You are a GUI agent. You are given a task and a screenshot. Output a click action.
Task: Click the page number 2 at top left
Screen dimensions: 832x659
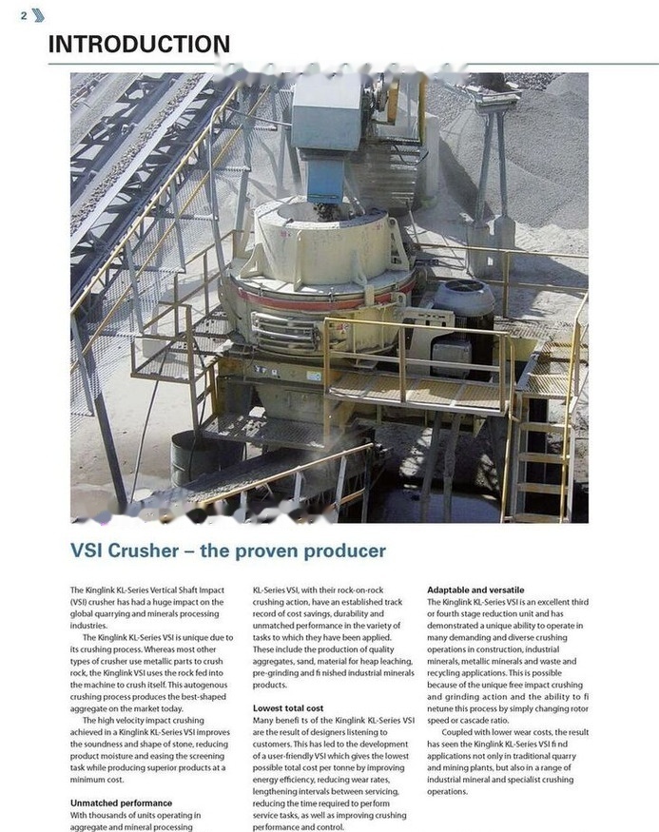pyautogui.click(x=23, y=15)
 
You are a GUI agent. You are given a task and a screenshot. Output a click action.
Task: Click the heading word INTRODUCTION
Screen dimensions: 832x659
pyautogui.click(x=139, y=44)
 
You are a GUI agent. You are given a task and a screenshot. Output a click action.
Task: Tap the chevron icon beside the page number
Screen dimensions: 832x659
pyautogui.click(x=38, y=14)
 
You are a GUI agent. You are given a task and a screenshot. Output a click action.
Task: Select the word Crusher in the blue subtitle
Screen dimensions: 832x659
pyautogui.click(x=147, y=551)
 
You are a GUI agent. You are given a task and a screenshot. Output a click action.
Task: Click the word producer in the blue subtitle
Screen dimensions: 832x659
pyautogui.click(x=338, y=551)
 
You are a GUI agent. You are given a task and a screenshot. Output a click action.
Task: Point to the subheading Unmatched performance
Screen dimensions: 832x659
pyautogui.click(x=121, y=803)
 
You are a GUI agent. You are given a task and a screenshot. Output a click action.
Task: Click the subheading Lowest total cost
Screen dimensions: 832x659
pyautogui.click(x=287, y=708)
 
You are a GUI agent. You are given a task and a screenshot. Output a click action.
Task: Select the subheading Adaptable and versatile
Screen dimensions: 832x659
pyautogui.click(x=475, y=590)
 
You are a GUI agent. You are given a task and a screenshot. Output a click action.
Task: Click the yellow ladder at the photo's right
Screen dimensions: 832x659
pyautogui.click(x=542, y=447)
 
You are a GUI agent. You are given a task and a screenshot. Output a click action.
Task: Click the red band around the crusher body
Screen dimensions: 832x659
pyautogui.click(x=323, y=294)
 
